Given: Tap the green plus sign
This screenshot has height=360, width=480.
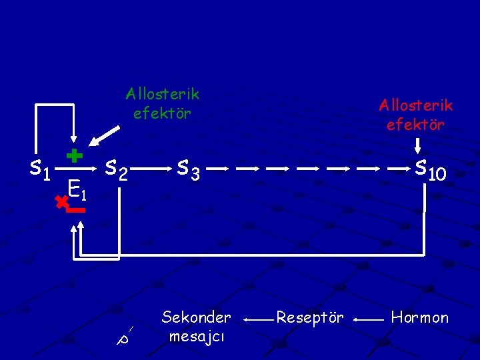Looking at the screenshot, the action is point(75,156).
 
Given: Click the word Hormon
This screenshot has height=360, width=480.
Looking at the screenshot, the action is point(419,317).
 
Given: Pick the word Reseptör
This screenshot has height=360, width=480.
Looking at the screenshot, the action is point(309,317).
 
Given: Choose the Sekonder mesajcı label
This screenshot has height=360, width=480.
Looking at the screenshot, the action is point(196,326).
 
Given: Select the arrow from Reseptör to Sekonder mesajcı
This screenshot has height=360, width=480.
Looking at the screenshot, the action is point(256,320).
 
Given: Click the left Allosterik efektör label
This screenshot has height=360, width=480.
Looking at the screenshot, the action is point(162,103).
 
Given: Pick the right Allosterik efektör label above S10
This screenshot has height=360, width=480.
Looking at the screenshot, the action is point(415,114).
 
